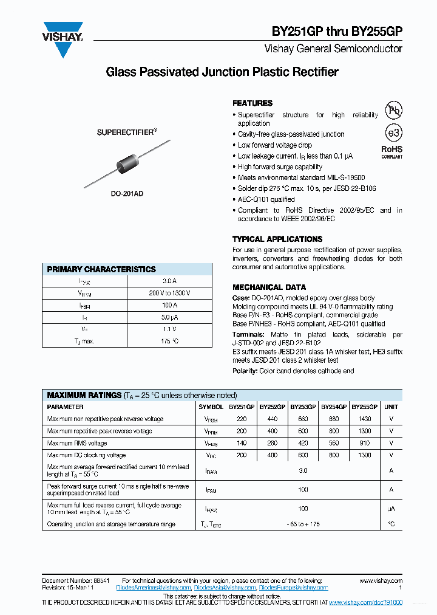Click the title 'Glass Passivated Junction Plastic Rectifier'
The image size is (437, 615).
coord(222,72)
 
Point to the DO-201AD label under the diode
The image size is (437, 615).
coord(127,194)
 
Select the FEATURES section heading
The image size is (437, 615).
coord(252,103)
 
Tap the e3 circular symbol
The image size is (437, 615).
coord(394,133)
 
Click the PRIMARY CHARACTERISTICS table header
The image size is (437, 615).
coord(101,269)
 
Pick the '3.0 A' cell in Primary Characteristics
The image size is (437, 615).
coord(169,281)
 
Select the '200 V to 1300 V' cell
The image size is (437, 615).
coord(169,293)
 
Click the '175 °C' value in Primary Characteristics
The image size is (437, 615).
coord(169,341)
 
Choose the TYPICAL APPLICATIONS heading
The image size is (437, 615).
coord(277,239)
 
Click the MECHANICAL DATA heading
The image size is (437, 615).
coord(269,287)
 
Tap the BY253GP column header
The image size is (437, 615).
coord(303,407)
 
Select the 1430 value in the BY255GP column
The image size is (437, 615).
coord(364,419)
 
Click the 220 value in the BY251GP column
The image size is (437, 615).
coord(242,419)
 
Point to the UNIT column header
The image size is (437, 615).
coord(391,407)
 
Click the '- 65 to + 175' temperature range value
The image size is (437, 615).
coord(303,524)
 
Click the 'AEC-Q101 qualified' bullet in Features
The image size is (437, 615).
coord(266,199)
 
